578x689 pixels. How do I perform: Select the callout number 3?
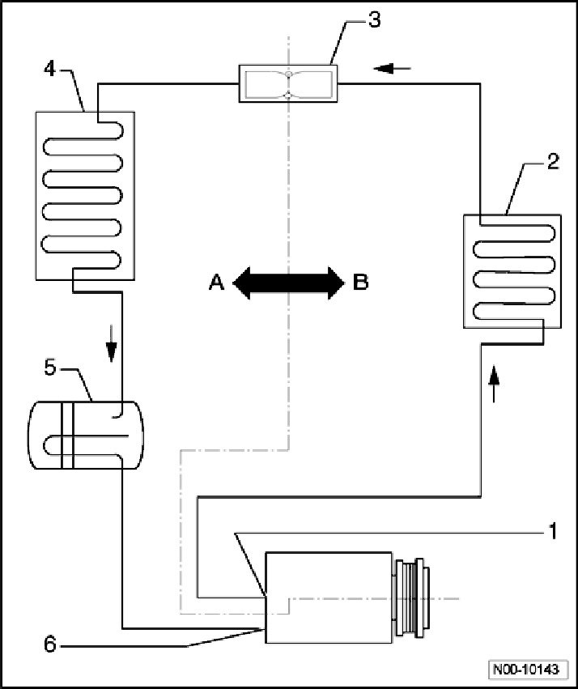click(x=374, y=19)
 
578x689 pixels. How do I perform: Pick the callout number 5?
click(x=50, y=368)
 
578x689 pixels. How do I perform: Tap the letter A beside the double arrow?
click(x=216, y=282)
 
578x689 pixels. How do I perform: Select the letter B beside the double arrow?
click(x=360, y=282)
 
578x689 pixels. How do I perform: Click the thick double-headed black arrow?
click(x=288, y=283)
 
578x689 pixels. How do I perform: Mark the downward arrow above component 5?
click(x=112, y=349)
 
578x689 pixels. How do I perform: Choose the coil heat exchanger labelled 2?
click(x=511, y=270)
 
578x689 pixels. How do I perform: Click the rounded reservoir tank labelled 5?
click(x=86, y=436)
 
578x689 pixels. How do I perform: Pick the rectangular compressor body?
click(x=329, y=598)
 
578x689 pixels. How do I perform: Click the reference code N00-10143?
click(x=527, y=670)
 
